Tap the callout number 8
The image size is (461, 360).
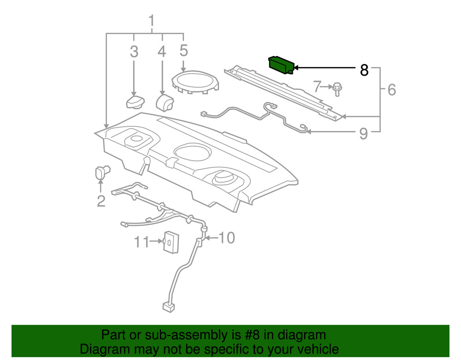[x=364, y=71]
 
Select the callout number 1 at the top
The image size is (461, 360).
[x=152, y=20]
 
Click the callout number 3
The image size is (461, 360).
[x=134, y=52]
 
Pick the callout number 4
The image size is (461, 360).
[x=162, y=52]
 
